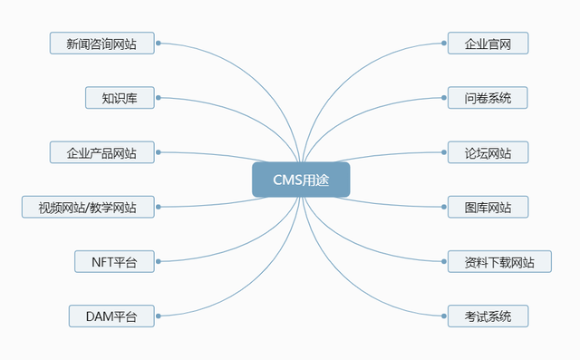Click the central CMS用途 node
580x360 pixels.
click(x=301, y=180)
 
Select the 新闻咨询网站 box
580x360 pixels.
click(x=102, y=43)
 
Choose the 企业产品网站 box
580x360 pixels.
click(x=102, y=151)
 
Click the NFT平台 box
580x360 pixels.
click(x=115, y=262)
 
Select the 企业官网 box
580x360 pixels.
click(x=488, y=43)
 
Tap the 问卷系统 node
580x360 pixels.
click(x=488, y=97)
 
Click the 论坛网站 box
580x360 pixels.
click(x=488, y=151)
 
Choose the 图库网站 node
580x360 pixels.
click(x=488, y=207)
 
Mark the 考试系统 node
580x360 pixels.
click(x=488, y=316)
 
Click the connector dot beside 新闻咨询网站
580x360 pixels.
click(x=159, y=43)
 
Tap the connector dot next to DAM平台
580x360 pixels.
click(x=159, y=316)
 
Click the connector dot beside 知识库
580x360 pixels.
click(x=159, y=97)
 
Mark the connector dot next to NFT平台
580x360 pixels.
click(x=159, y=262)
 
